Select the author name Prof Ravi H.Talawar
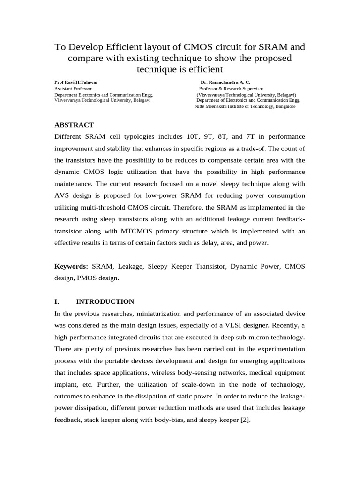click(76, 82)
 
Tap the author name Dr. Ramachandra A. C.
click(225, 82)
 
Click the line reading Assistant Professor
click(73, 88)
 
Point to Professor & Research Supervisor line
click(231, 88)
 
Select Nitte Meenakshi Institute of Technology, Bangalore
click(245, 106)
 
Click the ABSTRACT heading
click(74, 125)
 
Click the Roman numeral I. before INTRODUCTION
click(57, 301)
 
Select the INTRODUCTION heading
click(105, 301)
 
